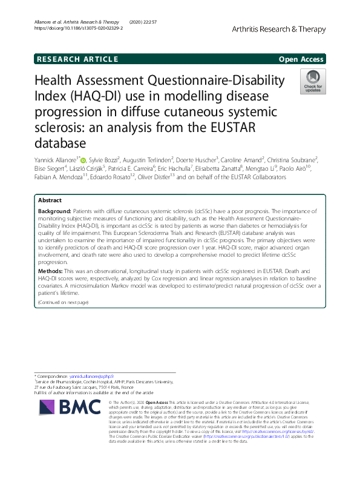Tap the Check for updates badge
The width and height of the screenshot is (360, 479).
(x=313, y=82)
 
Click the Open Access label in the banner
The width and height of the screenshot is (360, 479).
(x=301, y=59)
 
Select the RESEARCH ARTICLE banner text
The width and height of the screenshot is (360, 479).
(x=77, y=59)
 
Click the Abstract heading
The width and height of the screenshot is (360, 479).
(x=50, y=200)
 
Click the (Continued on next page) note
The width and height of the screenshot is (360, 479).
(x=63, y=302)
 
